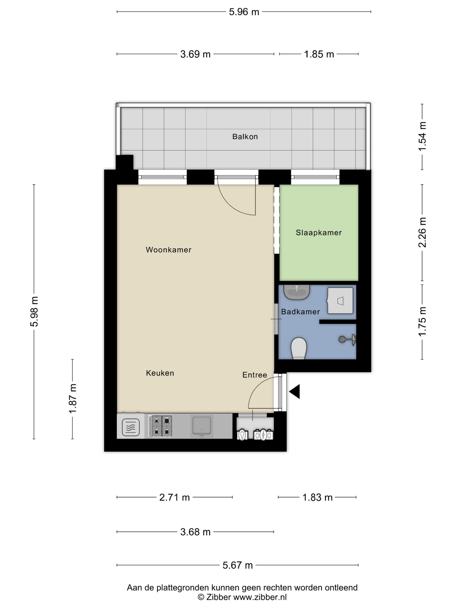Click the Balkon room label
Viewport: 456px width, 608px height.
click(245, 137)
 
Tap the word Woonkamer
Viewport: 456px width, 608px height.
click(168, 250)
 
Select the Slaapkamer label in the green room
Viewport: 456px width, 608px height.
click(318, 233)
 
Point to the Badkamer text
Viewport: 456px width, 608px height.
click(300, 312)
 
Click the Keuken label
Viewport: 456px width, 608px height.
click(160, 373)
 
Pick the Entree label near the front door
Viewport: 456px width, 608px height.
click(255, 375)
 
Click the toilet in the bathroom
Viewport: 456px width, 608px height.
click(299, 348)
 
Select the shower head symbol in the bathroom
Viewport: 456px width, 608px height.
click(347, 339)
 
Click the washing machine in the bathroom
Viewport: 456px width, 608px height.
click(340, 300)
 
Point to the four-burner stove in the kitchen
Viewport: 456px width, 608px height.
click(160, 426)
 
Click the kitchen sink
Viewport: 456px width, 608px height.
click(202, 426)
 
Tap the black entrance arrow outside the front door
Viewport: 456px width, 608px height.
click(294, 391)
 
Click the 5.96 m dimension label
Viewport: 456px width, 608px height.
click(244, 12)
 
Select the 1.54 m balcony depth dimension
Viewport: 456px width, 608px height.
click(422, 136)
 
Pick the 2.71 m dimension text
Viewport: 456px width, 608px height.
click(175, 497)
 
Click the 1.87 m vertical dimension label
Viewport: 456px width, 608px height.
click(73, 399)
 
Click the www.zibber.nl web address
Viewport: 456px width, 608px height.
click(260, 597)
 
